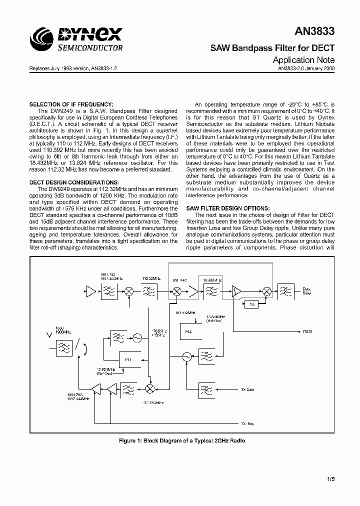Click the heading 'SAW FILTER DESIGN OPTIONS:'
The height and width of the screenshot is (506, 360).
click(228, 208)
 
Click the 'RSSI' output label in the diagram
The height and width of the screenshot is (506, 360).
click(307, 331)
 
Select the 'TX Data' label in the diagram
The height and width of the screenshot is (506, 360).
click(247, 389)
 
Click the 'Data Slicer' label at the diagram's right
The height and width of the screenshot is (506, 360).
click(307, 291)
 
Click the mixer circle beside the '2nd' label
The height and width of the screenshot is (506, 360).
click(176, 290)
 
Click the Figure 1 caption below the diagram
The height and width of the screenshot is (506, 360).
click(182, 440)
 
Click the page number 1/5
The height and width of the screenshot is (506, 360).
click(330, 479)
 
